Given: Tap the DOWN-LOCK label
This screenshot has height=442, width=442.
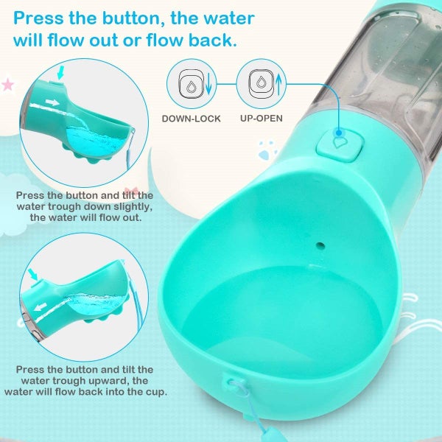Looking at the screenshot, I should (191, 118).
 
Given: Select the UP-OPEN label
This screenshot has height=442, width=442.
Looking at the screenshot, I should (260, 118).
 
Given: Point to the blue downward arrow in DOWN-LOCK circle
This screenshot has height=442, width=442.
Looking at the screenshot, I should (207, 84).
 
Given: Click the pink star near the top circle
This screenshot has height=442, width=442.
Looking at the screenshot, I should (8, 85).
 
